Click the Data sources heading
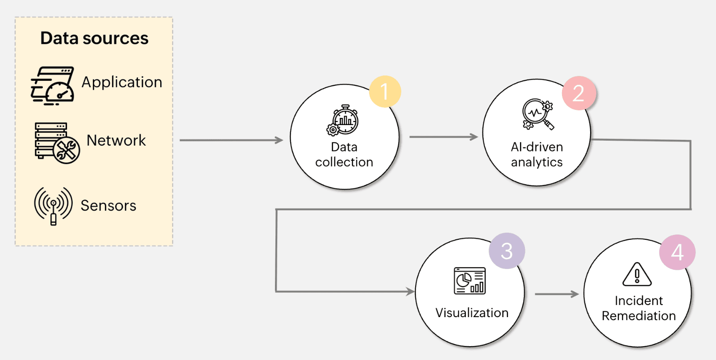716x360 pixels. [x=94, y=38]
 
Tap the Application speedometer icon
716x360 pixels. [x=53, y=86]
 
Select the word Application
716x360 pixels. [x=122, y=82]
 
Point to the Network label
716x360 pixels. [x=116, y=140]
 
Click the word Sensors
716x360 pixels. [x=108, y=205]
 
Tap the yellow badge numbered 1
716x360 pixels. [x=385, y=92]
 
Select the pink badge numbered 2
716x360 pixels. [x=579, y=93]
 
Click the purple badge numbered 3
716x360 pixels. [x=507, y=251]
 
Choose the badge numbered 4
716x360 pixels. [x=677, y=252]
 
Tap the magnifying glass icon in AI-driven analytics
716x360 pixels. [x=538, y=114]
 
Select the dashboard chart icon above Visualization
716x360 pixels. [x=470, y=281]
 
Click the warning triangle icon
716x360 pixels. [x=637, y=275]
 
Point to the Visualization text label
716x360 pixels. [x=472, y=313]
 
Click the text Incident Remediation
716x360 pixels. [x=638, y=308]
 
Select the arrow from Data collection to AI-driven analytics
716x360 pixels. [x=443, y=137]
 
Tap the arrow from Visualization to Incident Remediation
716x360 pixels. [x=556, y=294]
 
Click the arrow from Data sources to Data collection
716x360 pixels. [x=231, y=140]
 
